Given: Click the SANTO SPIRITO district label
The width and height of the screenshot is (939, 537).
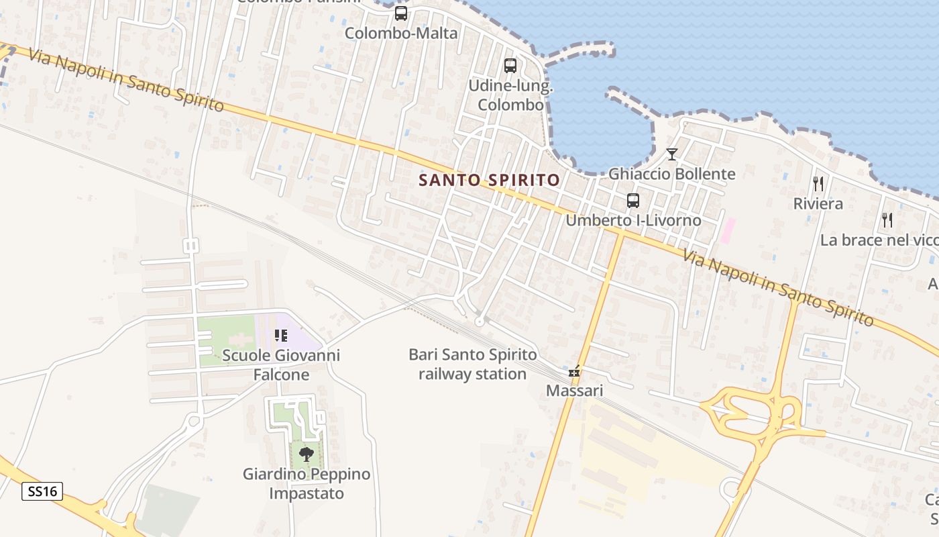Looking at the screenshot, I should click(x=489, y=180).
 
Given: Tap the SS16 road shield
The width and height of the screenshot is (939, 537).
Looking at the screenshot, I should click(x=42, y=491).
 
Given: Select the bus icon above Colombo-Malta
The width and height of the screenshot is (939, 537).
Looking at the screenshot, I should click(x=401, y=13).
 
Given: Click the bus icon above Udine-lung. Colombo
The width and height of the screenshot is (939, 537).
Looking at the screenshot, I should click(x=510, y=66).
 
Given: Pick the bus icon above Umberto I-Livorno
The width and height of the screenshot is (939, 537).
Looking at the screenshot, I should click(x=632, y=200).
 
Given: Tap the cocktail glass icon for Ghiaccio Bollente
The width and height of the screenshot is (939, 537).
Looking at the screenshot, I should click(x=671, y=154).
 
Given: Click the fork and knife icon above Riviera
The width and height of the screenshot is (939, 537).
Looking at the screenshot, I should click(x=818, y=183).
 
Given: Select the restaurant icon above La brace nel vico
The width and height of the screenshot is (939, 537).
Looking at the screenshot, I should click(x=887, y=219).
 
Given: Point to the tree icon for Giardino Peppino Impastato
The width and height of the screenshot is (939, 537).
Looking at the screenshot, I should click(x=307, y=454).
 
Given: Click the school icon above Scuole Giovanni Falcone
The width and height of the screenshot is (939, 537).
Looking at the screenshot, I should click(x=280, y=335).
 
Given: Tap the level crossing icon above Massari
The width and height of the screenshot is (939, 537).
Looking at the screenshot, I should click(x=574, y=371).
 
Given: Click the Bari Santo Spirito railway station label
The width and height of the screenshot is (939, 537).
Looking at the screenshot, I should click(x=473, y=364).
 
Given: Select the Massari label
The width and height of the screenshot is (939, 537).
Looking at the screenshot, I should click(x=574, y=390).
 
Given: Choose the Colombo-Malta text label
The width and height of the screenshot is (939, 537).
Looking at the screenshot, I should click(x=401, y=33).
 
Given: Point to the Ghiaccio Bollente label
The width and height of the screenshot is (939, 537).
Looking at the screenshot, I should click(x=671, y=174).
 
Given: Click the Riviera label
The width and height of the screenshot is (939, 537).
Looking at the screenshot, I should click(x=818, y=203).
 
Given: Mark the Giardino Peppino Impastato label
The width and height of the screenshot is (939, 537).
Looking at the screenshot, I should click(x=307, y=483).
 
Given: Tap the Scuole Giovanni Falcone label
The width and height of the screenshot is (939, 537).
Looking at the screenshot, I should click(x=280, y=364).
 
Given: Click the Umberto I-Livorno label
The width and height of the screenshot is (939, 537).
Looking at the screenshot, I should click(x=633, y=220).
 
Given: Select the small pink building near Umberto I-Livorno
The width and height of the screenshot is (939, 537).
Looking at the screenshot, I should click(x=727, y=231).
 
